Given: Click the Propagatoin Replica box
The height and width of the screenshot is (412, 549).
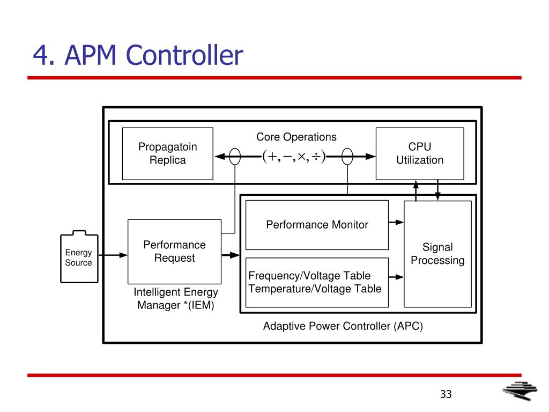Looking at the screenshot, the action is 168,154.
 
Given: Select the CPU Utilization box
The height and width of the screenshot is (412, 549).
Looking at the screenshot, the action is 420,154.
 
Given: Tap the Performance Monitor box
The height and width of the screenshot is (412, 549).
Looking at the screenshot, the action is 317,225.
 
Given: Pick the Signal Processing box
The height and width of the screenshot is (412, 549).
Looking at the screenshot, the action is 437,254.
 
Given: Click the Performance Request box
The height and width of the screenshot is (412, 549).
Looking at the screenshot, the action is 174,252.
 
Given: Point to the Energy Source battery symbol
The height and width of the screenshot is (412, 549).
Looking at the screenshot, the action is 79,257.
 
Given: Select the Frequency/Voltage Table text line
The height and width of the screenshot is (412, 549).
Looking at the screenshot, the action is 309,276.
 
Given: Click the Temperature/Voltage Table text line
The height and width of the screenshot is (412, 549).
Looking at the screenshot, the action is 315,289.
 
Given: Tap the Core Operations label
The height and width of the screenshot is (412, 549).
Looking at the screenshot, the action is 296,137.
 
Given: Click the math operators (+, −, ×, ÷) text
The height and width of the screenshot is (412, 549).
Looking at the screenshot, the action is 294,156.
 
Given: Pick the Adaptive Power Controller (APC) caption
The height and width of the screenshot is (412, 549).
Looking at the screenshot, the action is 343,326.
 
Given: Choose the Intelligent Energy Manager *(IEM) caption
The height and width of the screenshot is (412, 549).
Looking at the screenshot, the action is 176,298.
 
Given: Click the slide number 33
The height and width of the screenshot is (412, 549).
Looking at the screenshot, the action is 446,394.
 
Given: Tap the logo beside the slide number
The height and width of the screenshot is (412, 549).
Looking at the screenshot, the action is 520,391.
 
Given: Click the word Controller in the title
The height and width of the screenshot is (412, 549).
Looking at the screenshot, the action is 184,55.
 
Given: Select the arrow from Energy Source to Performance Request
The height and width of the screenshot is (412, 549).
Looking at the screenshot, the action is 113,255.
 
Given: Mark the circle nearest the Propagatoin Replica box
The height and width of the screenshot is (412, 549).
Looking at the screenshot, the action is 235,156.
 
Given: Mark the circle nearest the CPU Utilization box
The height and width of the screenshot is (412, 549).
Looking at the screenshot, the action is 347,156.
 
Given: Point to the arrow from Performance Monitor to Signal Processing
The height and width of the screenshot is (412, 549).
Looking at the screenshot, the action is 396,222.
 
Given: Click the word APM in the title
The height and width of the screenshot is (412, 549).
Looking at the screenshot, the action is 90,55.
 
